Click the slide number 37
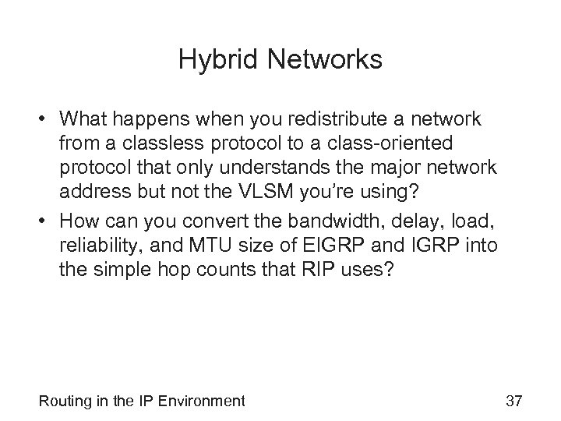pyautogui.click(x=513, y=402)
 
